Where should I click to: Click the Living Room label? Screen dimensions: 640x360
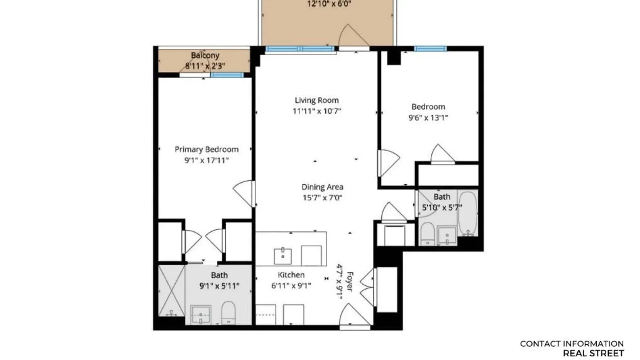317,100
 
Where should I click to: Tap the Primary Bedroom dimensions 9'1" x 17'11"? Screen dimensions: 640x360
207,160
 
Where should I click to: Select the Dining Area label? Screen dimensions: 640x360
322,187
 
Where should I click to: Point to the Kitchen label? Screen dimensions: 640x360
291,275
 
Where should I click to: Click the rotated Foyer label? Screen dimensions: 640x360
350,282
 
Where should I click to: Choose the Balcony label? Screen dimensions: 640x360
205,55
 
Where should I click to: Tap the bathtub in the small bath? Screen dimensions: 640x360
468,213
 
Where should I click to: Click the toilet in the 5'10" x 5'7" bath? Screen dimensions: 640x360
427,233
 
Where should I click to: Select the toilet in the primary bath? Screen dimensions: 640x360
228,312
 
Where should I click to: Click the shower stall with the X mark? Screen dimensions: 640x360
171,290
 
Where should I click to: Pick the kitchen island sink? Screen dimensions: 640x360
283,256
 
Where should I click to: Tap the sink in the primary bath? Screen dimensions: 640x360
200,315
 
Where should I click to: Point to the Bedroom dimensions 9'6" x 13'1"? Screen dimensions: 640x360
428,118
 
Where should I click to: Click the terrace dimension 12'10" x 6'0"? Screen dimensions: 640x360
329,4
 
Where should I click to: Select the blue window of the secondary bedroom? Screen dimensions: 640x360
430,49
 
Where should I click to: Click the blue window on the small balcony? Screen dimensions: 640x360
227,75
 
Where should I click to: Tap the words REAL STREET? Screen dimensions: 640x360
593,353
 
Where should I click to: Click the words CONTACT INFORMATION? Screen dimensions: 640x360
572,344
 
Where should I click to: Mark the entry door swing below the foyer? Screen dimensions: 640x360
354,315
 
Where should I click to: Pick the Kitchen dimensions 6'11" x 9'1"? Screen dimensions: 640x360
291,286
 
